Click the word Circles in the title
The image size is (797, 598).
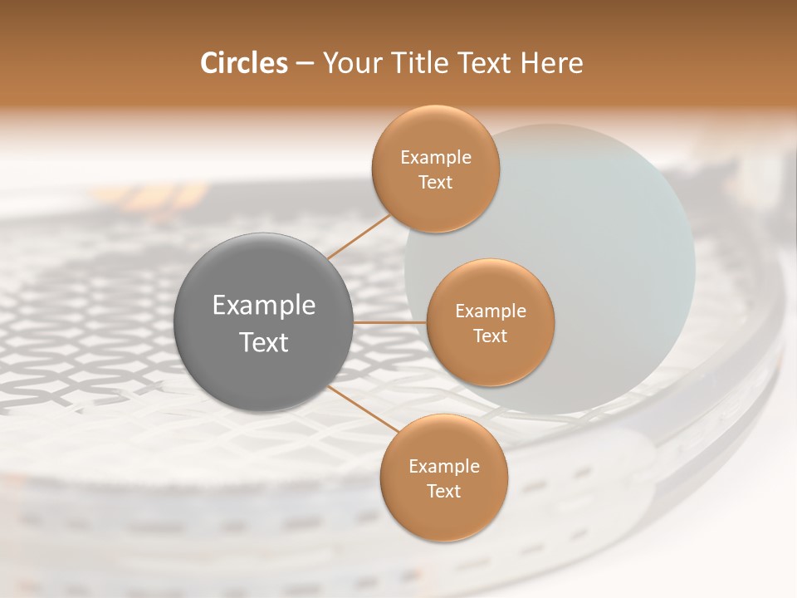[x=243, y=63]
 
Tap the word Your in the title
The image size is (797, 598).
[x=351, y=63]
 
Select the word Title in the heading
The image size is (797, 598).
[x=415, y=63]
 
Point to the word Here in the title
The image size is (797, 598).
[x=552, y=63]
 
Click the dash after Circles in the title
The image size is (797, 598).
[x=305, y=64]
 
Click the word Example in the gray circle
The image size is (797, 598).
[x=264, y=306]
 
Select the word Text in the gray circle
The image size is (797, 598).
[x=264, y=342]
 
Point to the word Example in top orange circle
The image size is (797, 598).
[x=435, y=157]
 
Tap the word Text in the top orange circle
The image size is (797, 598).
[x=435, y=182]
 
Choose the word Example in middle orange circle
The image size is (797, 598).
[x=490, y=311]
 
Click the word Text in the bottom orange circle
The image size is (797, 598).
[x=443, y=491]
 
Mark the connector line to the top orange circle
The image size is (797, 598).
[x=359, y=236]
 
